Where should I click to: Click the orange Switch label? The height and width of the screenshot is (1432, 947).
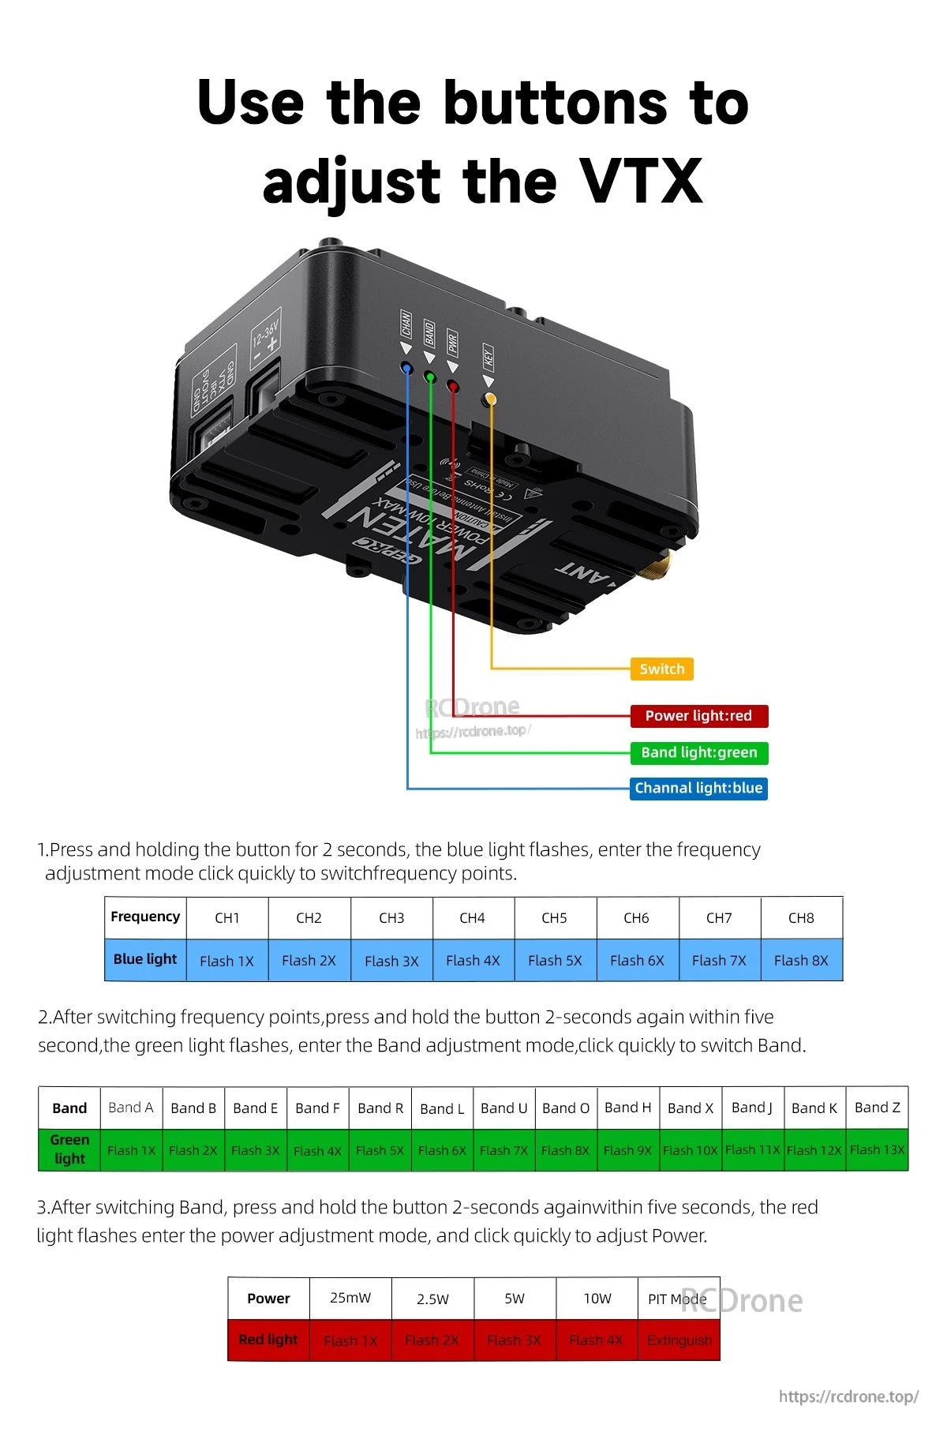point(661,669)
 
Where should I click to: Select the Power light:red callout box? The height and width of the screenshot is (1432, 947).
point(698,716)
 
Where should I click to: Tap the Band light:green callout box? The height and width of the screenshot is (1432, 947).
point(698,752)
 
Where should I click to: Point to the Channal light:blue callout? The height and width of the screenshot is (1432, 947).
point(698,788)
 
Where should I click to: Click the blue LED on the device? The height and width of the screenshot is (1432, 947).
point(406,368)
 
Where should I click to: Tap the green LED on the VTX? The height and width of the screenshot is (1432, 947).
point(430,377)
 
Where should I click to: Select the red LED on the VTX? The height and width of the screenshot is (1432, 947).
point(453,386)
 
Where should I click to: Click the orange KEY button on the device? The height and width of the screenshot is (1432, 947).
point(490,399)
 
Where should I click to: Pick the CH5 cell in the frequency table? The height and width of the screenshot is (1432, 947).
point(554,918)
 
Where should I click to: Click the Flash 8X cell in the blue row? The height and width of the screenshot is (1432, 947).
point(801,961)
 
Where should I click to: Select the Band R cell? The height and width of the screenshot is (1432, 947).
point(380,1108)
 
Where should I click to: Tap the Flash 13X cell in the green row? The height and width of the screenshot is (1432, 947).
point(877,1150)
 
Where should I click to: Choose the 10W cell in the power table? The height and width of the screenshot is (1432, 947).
point(597,1299)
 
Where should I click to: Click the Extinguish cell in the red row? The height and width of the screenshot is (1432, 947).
point(679,1340)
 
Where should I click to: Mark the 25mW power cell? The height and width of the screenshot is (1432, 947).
point(350,1299)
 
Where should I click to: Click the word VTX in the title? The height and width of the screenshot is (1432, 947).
point(640,181)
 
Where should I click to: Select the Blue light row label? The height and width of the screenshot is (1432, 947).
point(145,960)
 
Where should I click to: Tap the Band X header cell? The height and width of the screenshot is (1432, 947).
point(690,1108)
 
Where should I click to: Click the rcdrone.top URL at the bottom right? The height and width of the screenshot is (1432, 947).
point(848,1396)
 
